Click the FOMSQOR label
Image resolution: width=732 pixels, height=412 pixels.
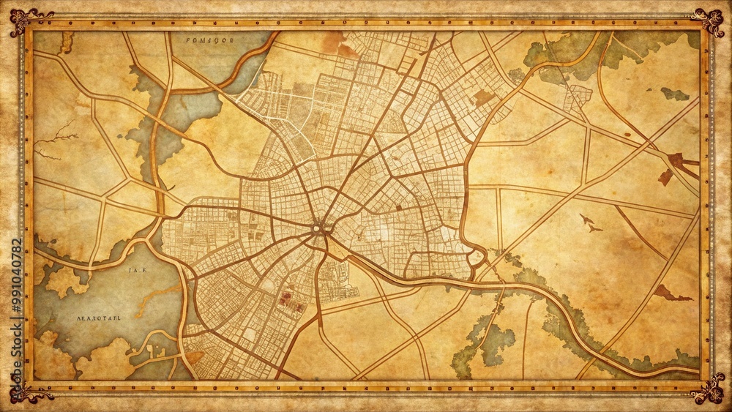209,42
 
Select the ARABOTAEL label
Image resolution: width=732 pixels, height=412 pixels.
99,319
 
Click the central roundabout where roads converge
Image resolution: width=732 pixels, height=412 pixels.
318,228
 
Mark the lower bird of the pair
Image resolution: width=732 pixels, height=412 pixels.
594,228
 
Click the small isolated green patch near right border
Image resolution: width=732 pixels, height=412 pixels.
675,94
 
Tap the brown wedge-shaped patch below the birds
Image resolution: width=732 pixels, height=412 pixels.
670,294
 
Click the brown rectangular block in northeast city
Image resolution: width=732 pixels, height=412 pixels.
483,97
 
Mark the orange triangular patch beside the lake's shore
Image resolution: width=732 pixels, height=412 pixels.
194,356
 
